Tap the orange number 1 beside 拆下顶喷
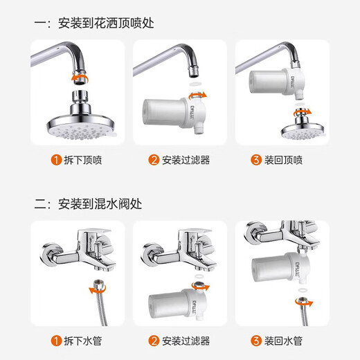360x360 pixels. pos(55,160)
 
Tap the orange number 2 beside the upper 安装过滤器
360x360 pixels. pos(154,160)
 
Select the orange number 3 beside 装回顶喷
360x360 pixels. pos(257,160)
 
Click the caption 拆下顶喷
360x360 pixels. pos(84,160)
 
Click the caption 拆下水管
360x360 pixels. pos(84,340)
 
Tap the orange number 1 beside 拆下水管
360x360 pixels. pos(55,340)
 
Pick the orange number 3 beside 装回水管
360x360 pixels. pos(257,340)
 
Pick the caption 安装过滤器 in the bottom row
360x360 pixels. pos(186,340)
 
